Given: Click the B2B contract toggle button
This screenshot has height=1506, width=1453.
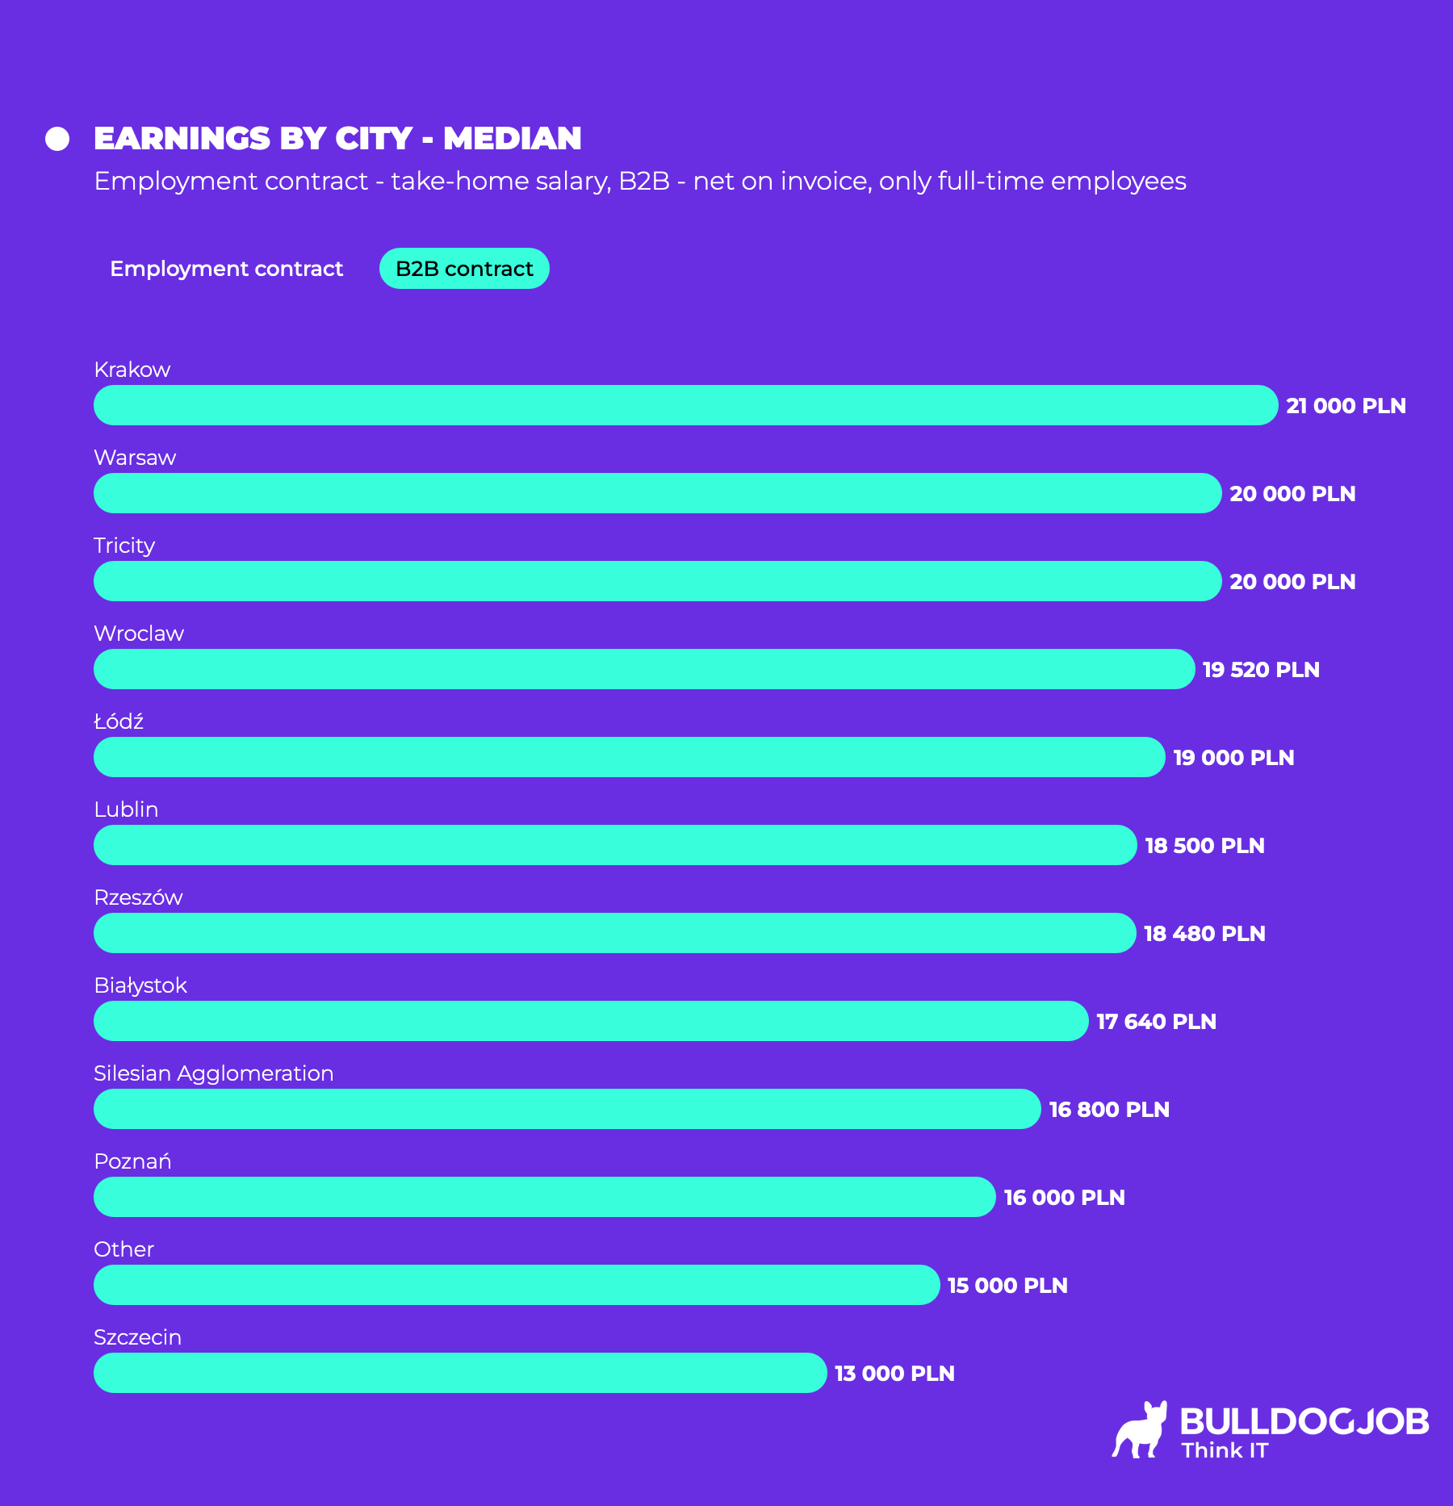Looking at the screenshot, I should point(464,269).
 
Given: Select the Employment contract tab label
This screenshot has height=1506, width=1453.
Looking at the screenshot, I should point(226,269).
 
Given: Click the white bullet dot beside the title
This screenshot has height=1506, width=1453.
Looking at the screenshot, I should point(57,139).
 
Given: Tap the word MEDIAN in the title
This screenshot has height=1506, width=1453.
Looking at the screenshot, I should point(512,139).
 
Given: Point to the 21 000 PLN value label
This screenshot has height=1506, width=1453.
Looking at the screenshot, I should point(1346,406).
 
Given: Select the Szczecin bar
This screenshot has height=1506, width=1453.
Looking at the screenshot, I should point(460,1373).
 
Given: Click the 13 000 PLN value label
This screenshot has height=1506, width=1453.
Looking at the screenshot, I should point(894,1374).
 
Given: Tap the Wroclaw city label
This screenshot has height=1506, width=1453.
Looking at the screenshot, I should point(139,634).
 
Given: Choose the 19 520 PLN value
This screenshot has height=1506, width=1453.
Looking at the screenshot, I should point(1261,670).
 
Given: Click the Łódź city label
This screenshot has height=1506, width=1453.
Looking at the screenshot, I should point(119,722).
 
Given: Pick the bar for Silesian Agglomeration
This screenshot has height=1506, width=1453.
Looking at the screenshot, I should point(567,1109).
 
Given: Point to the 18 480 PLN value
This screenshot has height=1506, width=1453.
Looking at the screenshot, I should point(1204,934).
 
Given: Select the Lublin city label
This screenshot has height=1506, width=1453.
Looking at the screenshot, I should point(126,809).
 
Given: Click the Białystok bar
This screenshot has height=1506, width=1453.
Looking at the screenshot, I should point(591,1021).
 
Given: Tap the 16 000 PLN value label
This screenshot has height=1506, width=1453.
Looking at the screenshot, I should point(1064,1198).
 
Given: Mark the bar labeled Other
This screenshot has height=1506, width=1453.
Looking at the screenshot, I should point(517,1285).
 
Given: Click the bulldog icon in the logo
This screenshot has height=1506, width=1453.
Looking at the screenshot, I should point(1140,1430).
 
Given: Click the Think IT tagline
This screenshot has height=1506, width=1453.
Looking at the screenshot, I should point(1225,1450).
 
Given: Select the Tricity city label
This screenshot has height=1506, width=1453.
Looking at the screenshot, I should point(124,546).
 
